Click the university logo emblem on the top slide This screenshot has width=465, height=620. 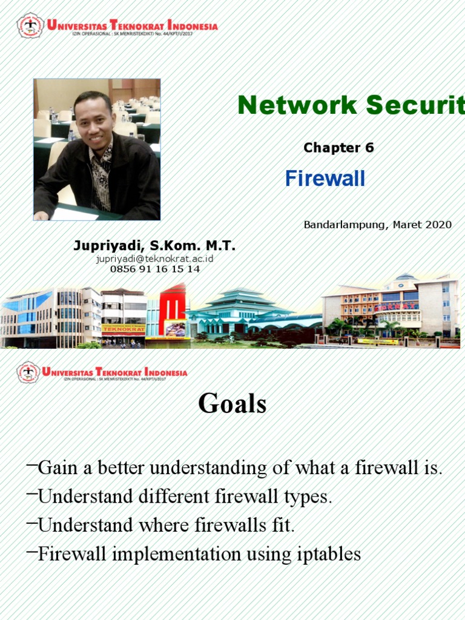[30, 26]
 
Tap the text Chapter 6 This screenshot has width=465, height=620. [338, 148]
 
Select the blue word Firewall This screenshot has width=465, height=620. [325, 179]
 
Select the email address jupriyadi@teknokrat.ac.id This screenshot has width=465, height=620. [154, 259]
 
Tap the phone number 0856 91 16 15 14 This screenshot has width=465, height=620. [154, 269]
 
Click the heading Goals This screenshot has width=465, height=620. [232, 404]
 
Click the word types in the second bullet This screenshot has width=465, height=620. [308, 496]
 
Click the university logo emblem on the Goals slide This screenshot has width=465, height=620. [28, 372]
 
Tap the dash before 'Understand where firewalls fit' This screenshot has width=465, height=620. [32, 523]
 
